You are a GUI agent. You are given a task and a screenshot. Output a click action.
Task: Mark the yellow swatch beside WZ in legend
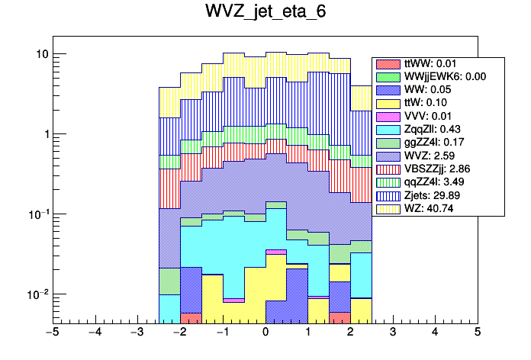coord(388,208)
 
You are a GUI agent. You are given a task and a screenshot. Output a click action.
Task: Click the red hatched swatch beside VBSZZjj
coord(388,169)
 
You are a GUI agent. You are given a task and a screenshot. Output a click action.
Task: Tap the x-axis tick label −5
coord(51,333)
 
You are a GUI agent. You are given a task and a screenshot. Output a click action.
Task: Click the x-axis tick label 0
coord(265,333)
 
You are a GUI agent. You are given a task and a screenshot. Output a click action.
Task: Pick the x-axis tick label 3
coord(392,333)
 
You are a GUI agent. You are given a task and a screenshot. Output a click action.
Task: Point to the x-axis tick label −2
coord(179,333)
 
